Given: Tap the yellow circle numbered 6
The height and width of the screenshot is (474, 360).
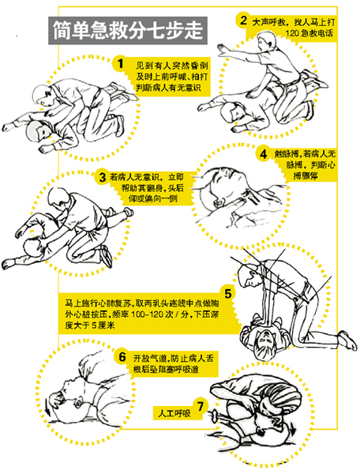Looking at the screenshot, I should [x=123, y=356].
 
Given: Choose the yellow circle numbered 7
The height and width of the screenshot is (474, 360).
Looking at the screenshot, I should [x=201, y=407].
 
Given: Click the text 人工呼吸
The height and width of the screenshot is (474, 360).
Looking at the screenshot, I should [x=174, y=412].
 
